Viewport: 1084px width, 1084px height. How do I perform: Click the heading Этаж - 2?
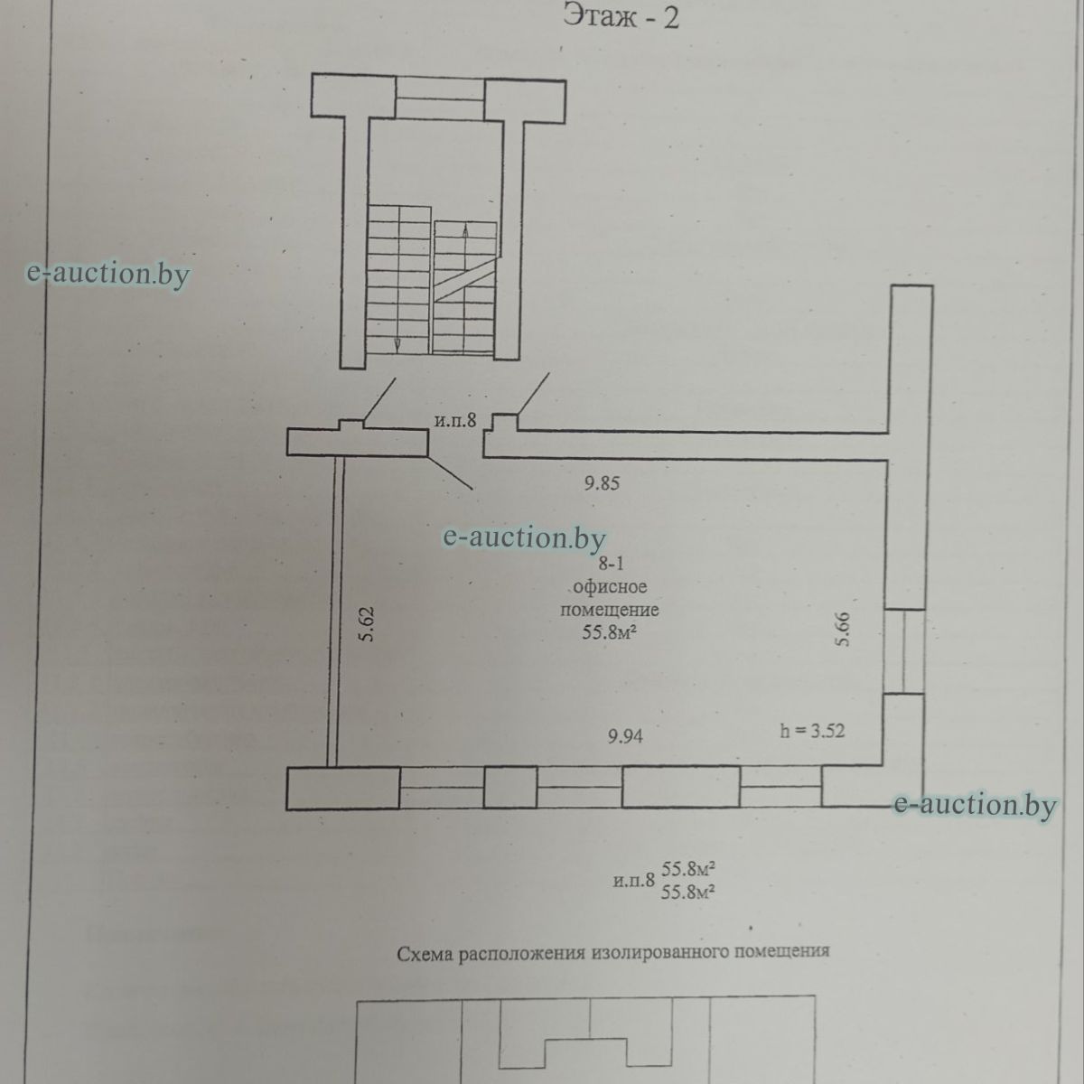pyautogui.click(x=621, y=18)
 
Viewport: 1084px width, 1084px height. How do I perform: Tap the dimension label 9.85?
pyautogui.click(x=602, y=483)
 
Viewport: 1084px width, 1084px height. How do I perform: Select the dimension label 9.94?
pyautogui.click(x=625, y=736)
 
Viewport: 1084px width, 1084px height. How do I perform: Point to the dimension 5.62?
pyautogui.click(x=367, y=624)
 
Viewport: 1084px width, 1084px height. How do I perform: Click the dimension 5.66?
pyautogui.click(x=842, y=630)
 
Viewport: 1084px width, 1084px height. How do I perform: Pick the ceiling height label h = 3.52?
pyautogui.click(x=812, y=731)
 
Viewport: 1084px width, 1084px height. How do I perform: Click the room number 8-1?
pyautogui.click(x=611, y=563)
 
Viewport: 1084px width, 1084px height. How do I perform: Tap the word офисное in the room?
pyautogui.click(x=611, y=587)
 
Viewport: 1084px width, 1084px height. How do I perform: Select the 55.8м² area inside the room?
pyautogui.click(x=609, y=633)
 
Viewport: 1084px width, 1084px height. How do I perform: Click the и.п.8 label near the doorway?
pyautogui.click(x=455, y=420)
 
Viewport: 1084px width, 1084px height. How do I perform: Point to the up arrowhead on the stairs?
pyautogui.click(x=465, y=229)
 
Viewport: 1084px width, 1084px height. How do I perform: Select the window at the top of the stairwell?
pyautogui.click(x=440, y=99)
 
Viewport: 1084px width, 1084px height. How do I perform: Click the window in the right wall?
pyautogui.click(x=904, y=651)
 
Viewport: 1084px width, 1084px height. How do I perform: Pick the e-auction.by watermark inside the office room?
pyautogui.click(x=524, y=537)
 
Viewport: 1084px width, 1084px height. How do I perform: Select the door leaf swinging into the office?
pyautogui.click(x=450, y=472)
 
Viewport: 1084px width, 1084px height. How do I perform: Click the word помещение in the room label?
pyautogui.click(x=610, y=611)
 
